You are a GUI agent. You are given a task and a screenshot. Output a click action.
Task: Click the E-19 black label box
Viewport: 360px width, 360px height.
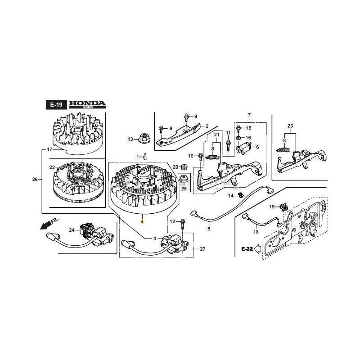(x=56, y=105)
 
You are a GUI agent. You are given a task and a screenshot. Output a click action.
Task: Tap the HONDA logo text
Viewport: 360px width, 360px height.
(x=87, y=104)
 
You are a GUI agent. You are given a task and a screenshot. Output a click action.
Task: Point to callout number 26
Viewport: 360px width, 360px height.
(x=35, y=180)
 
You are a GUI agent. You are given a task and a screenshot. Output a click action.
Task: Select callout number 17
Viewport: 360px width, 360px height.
(x=50, y=149)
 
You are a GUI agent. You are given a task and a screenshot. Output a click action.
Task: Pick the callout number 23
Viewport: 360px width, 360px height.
(x=290, y=125)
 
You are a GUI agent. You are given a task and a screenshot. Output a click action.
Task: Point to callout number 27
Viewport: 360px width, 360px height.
(x=202, y=249)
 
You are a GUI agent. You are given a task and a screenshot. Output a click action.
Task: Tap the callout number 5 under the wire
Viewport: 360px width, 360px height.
(x=209, y=229)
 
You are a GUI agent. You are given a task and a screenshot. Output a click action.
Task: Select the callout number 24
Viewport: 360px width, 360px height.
(x=72, y=230)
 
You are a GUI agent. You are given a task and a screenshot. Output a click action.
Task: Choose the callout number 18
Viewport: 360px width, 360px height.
(x=256, y=232)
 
